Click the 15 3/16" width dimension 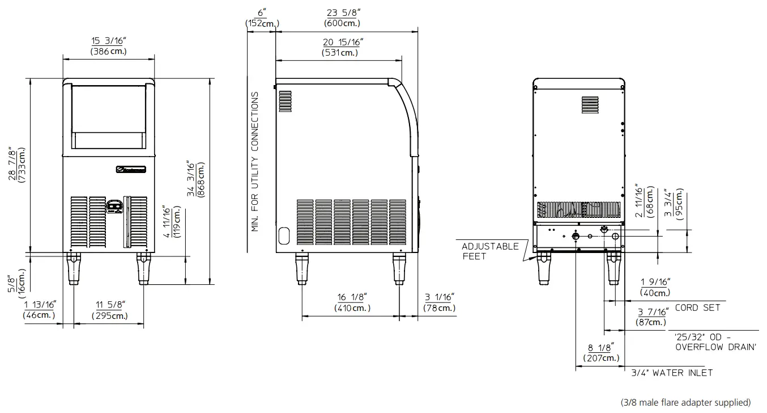(x=108, y=46)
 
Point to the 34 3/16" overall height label (x=196, y=179)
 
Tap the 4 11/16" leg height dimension (x=173, y=221)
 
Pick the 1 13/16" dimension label (x=39, y=310)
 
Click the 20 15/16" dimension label (x=343, y=47)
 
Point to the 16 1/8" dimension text (x=352, y=302)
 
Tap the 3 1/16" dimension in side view (x=439, y=302)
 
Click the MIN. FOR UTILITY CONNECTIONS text (x=255, y=162)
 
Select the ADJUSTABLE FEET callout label (x=490, y=251)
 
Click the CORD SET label (x=697, y=307)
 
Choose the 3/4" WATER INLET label (x=672, y=373)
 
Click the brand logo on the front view (x=131, y=168)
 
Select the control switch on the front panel (x=114, y=205)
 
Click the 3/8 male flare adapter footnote (x=685, y=402)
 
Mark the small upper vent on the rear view (x=590, y=106)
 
